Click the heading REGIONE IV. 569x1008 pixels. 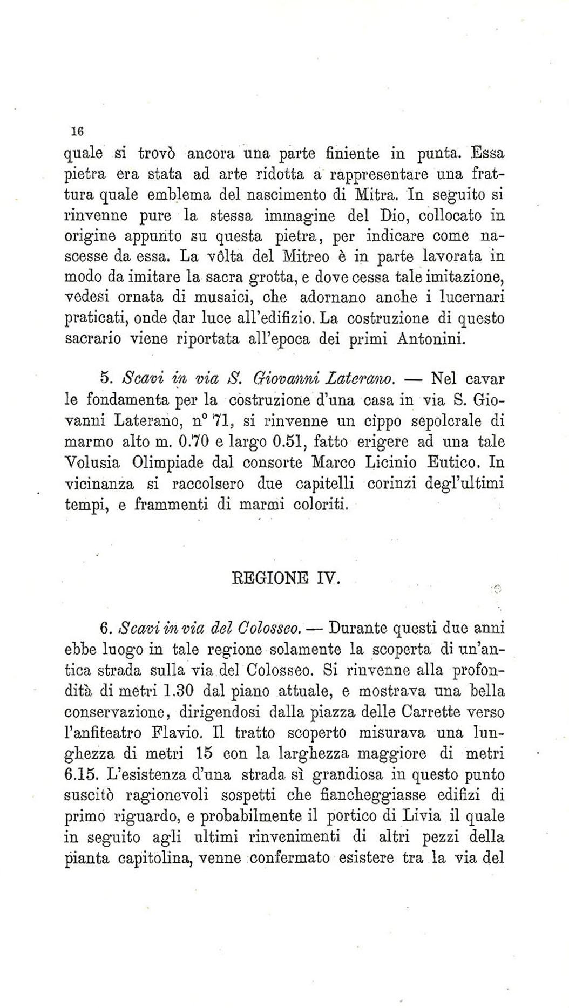click(x=286, y=580)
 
